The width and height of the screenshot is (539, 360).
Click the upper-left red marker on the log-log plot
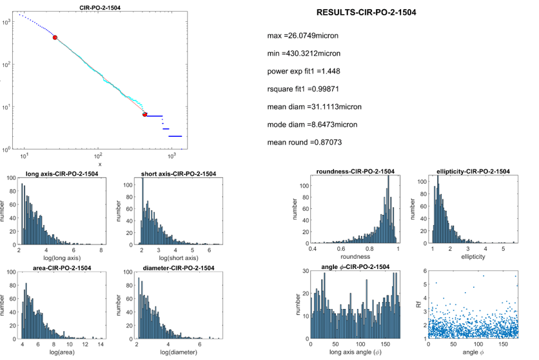pos(55,38)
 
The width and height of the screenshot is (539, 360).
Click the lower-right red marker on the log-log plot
pos(144,114)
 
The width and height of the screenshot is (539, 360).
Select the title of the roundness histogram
pos(355,171)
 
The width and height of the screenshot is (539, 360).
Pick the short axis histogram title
pos(178,174)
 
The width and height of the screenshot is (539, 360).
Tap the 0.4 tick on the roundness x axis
pos(311,248)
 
